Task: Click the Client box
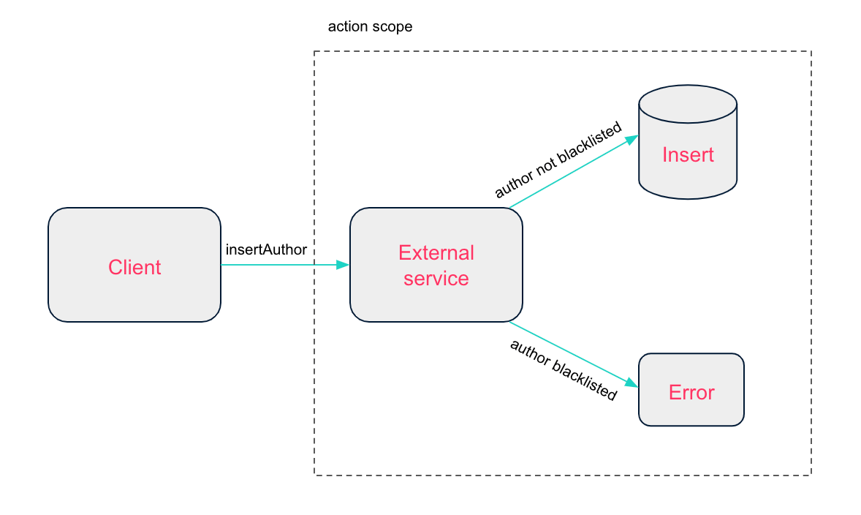click(x=134, y=265)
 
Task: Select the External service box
click(x=436, y=265)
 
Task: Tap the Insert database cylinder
click(x=687, y=146)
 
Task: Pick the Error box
click(x=691, y=390)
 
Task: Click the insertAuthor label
click(x=266, y=249)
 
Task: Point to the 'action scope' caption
click(x=370, y=27)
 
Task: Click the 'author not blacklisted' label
click(x=558, y=160)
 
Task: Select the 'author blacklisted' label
click(x=564, y=369)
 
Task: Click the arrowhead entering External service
click(x=343, y=265)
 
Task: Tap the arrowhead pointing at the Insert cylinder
click(x=632, y=138)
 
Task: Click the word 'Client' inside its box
click(x=134, y=267)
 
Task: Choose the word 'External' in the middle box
click(x=436, y=253)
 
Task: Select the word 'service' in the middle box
click(x=436, y=279)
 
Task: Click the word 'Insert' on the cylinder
click(x=688, y=154)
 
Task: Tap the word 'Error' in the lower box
click(x=691, y=393)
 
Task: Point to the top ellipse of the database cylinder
click(x=687, y=105)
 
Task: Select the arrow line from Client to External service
click(x=278, y=265)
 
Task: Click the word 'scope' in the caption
click(x=395, y=27)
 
